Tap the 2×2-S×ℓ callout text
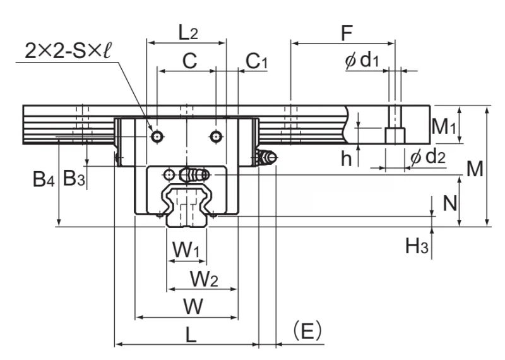(68, 51)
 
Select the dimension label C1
(256, 61)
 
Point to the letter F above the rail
(347, 33)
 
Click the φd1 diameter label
(362, 60)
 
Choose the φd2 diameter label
(428, 157)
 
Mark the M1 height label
(444, 126)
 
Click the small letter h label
(346, 159)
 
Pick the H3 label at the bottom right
(417, 246)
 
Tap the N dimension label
(450, 203)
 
